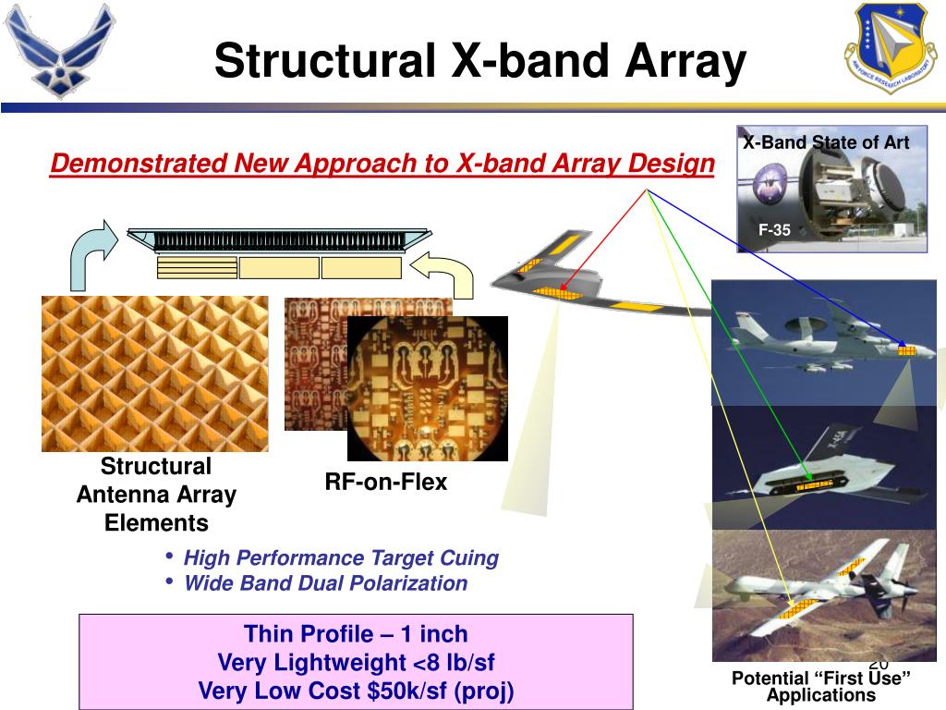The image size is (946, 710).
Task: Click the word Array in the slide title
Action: tap(686, 61)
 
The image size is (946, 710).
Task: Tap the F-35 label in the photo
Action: tap(774, 230)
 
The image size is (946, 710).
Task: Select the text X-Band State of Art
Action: tap(826, 142)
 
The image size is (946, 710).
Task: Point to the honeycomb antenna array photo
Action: tap(155, 373)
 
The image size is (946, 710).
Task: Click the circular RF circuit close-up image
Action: tap(428, 389)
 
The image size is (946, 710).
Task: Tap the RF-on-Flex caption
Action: tap(386, 482)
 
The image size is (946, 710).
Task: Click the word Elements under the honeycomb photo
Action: tap(156, 523)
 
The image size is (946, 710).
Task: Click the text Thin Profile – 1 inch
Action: tap(356, 634)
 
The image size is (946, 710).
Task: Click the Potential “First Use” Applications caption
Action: tap(821, 687)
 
